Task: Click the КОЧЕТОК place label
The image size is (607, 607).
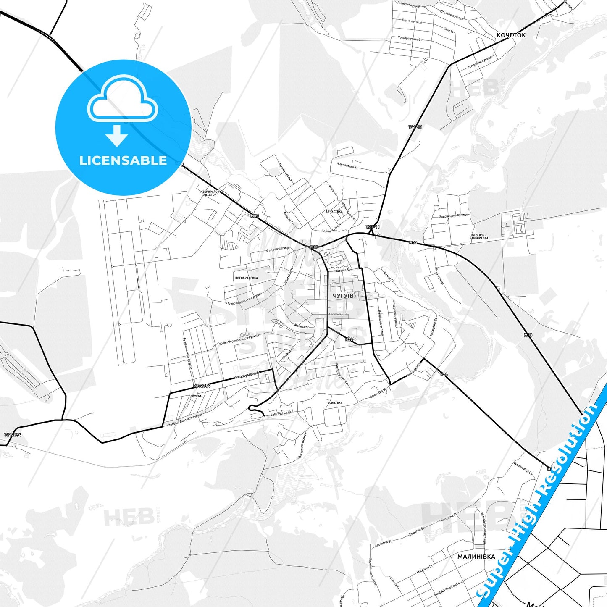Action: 511,35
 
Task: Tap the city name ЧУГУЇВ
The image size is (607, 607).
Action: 343,296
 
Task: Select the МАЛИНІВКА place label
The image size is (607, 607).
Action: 476,557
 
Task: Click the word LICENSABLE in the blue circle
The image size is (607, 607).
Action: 123,160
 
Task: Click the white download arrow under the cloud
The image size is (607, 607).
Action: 117,135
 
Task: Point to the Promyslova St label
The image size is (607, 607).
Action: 248,375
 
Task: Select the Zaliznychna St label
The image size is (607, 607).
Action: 281,413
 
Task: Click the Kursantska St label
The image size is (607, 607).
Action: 347,166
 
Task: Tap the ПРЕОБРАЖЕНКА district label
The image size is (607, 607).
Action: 247,278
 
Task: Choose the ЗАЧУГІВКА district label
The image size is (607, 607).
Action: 334,212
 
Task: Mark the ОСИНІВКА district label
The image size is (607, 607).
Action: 334,403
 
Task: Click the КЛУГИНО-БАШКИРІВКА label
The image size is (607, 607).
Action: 479,236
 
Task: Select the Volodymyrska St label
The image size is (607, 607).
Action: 410,39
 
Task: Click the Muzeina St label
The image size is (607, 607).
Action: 342,271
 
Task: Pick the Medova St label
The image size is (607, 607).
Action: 301,326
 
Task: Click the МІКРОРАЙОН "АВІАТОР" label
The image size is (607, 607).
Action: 210,193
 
